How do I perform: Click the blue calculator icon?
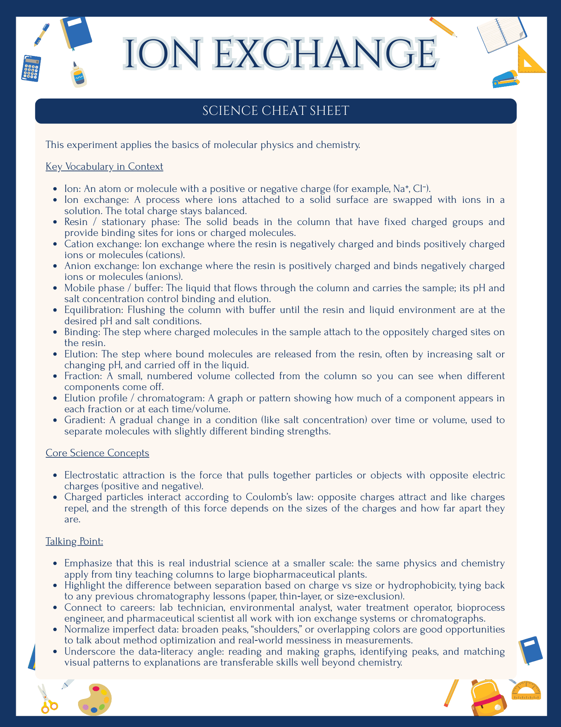coord(31,68)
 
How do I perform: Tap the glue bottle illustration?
coord(79,75)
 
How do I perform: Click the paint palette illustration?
coord(95,699)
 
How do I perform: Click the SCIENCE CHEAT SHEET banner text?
coord(276,111)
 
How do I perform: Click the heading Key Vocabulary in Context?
coord(104,166)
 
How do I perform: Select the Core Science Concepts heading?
coord(97,453)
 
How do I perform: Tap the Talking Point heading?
coord(74,541)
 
